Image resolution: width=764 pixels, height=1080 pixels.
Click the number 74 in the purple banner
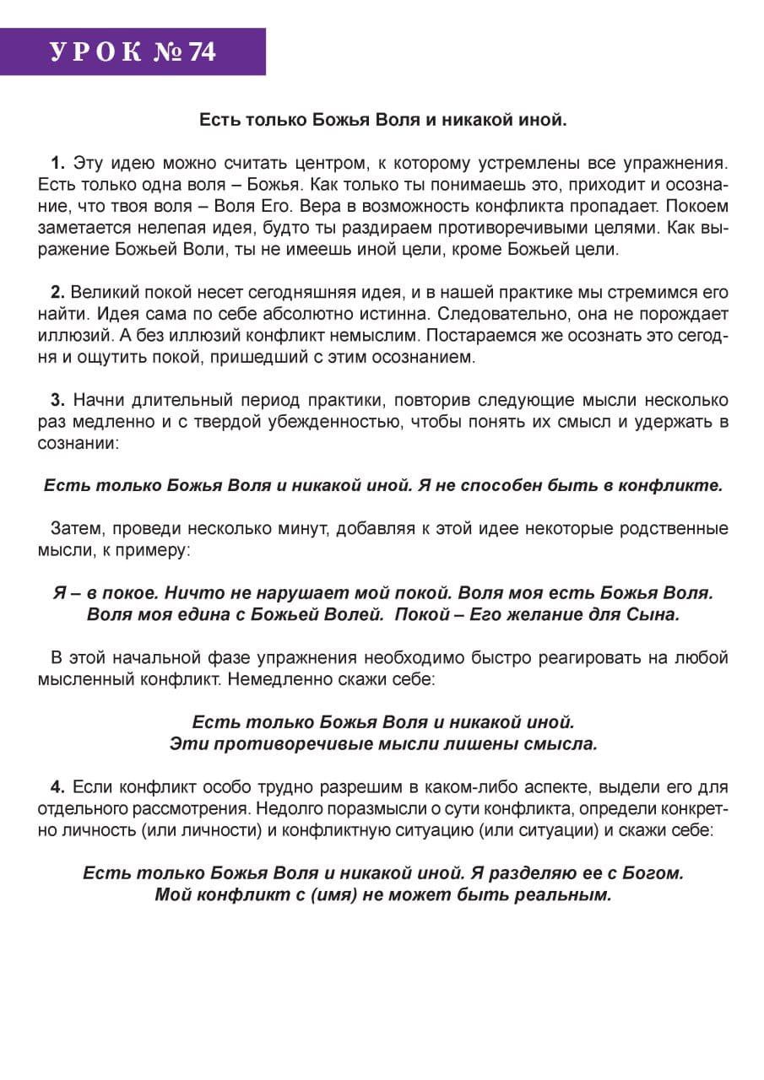(203, 52)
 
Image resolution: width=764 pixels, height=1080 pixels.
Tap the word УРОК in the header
(95, 52)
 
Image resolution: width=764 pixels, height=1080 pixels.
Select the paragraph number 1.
(57, 162)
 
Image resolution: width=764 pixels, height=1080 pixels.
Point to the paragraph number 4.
(57, 787)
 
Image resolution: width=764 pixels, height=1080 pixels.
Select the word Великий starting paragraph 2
(101, 293)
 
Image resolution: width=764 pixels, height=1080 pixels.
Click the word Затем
(73, 529)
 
